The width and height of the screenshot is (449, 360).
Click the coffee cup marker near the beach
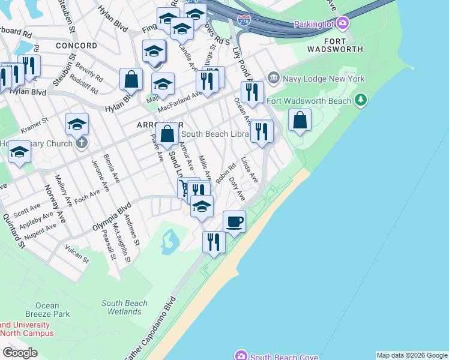(x=235, y=221)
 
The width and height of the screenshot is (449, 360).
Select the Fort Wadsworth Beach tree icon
(x=361, y=100)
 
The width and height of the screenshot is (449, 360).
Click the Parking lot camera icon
(x=343, y=24)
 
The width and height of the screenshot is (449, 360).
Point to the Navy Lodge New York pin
(x=274, y=78)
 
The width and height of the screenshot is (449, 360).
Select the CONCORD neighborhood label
(x=76, y=46)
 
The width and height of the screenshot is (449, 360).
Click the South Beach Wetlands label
(x=124, y=307)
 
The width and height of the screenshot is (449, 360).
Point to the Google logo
(x=20, y=353)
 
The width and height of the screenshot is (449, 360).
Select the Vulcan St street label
(x=77, y=254)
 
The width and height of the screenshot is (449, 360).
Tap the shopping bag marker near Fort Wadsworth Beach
(x=300, y=120)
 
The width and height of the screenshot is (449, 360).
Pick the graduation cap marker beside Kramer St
(x=77, y=124)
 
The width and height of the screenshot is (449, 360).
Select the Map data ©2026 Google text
(x=412, y=355)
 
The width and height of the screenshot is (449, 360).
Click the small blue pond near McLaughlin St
(x=169, y=241)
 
